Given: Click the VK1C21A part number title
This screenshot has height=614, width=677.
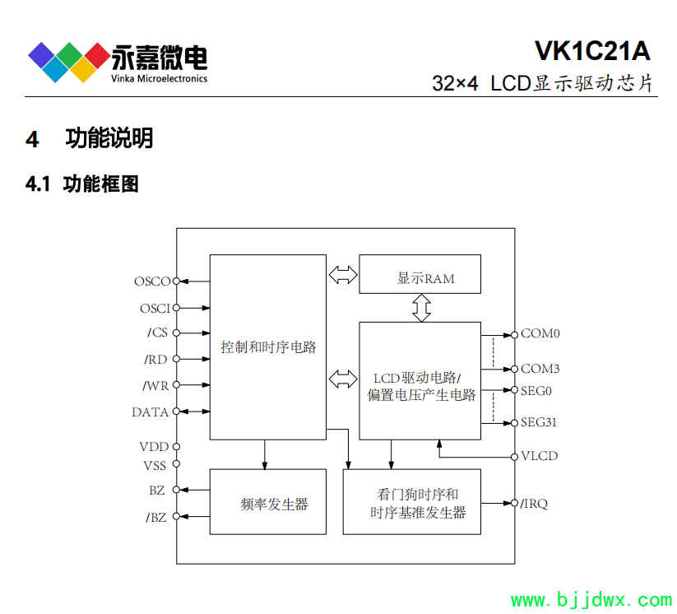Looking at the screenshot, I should [x=592, y=51].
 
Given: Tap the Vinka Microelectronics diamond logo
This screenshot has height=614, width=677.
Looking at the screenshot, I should [x=68, y=60].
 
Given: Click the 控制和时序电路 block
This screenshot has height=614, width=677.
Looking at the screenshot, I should [x=268, y=347].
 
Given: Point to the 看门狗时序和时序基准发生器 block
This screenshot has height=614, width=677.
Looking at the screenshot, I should [x=411, y=501].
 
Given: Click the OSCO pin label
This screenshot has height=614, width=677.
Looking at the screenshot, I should [x=152, y=281].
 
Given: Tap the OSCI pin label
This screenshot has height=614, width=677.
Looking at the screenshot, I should [x=155, y=309].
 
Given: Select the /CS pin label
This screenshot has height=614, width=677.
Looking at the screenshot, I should [x=157, y=333].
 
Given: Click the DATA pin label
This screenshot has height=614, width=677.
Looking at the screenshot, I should [x=151, y=412].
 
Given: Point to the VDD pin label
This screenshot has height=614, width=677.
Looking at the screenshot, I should [x=154, y=447].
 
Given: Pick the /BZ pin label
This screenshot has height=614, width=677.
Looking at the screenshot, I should [x=155, y=517].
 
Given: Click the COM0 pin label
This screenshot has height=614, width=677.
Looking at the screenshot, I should [x=540, y=334].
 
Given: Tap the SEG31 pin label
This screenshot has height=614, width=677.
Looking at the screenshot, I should [x=539, y=423].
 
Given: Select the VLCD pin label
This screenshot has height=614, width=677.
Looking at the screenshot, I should [x=539, y=456].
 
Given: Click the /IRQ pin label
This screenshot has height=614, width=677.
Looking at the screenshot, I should [x=535, y=503].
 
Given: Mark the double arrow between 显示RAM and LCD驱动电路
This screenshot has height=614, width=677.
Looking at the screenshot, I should [x=421, y=307].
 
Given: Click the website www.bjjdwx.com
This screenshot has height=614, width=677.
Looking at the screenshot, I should [x=591, y=600].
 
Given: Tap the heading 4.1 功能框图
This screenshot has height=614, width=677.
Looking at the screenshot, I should [x=82, y=184].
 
